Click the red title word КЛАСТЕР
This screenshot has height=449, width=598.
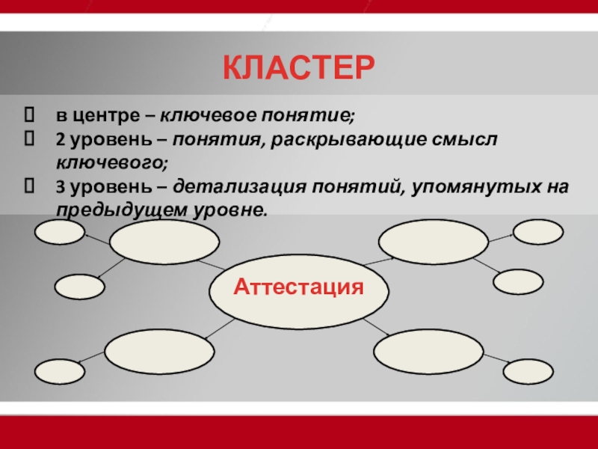(298, 67)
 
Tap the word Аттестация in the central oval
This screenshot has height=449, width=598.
(298, 287)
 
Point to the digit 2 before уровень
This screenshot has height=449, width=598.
(61, 140)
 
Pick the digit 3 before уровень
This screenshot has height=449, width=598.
(61, 188)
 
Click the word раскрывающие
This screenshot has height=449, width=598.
(348, 141)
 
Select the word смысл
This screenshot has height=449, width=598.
(464, 140)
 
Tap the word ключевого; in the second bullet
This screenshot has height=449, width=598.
(112, 163)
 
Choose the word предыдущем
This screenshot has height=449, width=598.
(122, 211)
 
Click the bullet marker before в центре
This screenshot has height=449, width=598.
(29, 115)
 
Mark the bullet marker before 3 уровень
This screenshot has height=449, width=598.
(29, 186)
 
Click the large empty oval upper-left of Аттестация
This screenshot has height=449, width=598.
(164, 242)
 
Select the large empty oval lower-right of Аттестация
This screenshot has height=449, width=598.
(428, 352)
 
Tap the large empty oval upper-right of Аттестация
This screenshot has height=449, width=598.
(434, 242)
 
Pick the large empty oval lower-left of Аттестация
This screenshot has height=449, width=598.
(159, 352)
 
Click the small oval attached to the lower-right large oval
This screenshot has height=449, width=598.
(528, 371)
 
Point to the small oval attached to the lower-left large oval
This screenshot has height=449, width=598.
(60, 371)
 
